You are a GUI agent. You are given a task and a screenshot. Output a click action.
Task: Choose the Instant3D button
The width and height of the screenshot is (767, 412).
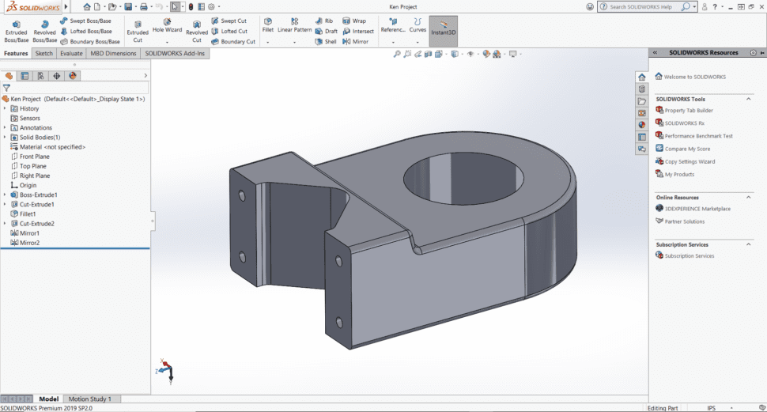pyautogui.click(x=443, y=30)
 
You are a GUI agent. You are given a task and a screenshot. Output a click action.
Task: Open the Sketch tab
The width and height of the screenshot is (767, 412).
pyautogui.click(x=43, y=54)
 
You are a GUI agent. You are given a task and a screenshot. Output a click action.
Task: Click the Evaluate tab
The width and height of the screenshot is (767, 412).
pyautogui.click(x=71, y=54)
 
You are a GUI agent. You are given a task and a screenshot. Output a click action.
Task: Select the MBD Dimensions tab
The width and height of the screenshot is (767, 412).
pyautogui.click(x=114, y=54)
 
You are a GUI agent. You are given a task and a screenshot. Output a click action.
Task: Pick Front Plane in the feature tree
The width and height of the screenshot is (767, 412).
pyautogui.click(x=34, y=157)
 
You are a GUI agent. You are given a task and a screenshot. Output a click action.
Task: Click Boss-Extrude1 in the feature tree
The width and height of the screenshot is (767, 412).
pyautogui.click(x=38, y=195)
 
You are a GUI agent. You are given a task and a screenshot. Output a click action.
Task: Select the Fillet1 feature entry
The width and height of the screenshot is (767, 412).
pyautogui.click(x=32, y=214)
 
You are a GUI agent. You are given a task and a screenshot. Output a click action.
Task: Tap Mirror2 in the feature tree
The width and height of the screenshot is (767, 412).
pyautogui.click(x=29, y=243)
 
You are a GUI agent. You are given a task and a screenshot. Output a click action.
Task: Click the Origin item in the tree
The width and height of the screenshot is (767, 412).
pyautogui.click(x=28, y=185)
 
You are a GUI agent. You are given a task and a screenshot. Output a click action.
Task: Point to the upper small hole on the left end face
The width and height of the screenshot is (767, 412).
pyautogui.click(x=242, y=195)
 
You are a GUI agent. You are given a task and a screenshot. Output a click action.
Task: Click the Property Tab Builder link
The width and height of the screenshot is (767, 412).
pyautogui.click(x=689, y=110)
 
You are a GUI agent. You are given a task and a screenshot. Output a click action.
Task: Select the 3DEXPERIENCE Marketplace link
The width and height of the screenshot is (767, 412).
pyautogui.click(x=697, y=209)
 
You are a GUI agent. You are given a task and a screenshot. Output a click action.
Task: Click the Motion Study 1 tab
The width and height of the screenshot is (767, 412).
pyautogui.click(x=89, y=399)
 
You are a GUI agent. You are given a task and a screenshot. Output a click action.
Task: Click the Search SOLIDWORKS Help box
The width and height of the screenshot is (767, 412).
pyautogui.click(x=640, y=7)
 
